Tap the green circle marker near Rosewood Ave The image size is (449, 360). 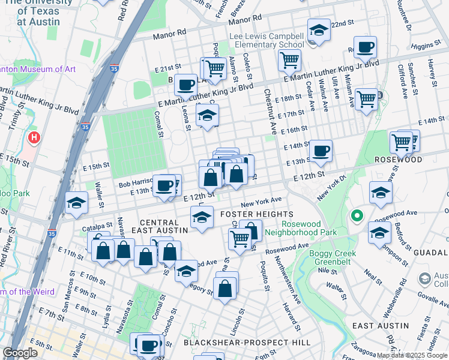click(x=357, y=215)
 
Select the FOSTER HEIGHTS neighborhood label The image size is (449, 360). click(x=256, y=214)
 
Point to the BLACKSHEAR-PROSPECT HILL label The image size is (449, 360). click(x=247, y=342)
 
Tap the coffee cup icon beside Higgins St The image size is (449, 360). click(x=364, y=48)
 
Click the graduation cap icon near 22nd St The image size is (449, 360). click(x=318, y=31)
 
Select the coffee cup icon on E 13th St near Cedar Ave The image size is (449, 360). click(x=321, y=151)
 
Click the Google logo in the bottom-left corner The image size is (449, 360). click(x=20, y=353)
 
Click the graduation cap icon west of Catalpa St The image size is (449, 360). click(x=76, y=204)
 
